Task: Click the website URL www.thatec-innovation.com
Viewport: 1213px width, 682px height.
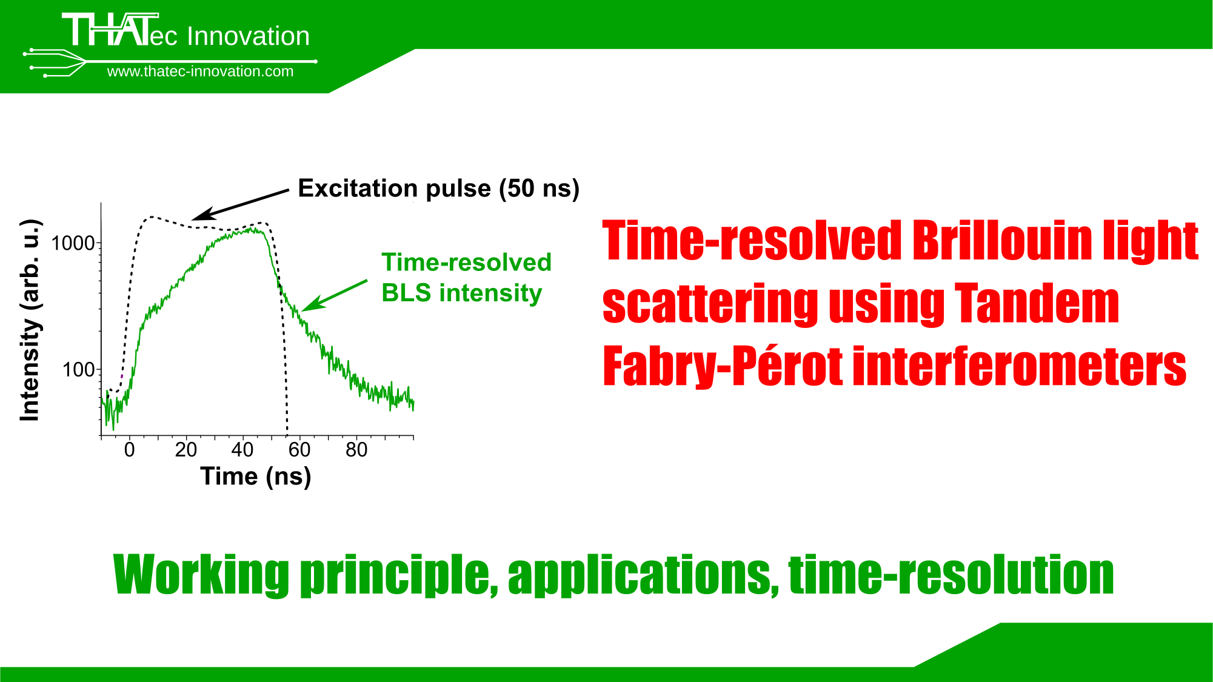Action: (200, 72)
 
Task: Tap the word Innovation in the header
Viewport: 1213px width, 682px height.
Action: (249, 36)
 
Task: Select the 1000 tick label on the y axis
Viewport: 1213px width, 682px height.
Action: (73, 243)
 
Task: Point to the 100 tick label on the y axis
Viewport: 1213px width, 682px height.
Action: (79, 369)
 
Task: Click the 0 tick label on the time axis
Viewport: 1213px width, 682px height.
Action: (129, 450)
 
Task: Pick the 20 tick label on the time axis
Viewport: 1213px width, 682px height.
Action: (186, 450)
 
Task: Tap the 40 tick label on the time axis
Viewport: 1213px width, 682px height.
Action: (242, 450)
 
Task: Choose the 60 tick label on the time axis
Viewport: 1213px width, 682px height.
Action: (299, 450)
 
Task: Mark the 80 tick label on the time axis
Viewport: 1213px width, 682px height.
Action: (356, 450)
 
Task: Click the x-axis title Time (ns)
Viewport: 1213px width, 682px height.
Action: (256, 476)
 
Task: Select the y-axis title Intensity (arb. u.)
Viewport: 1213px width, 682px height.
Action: (30, 320)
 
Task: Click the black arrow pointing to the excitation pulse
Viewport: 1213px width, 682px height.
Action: (241, 205)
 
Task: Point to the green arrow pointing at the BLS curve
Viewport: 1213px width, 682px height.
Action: (335, 295)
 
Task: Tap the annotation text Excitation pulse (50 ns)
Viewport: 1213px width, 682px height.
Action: (439, 189)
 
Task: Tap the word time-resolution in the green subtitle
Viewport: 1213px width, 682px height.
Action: (951, 573)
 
